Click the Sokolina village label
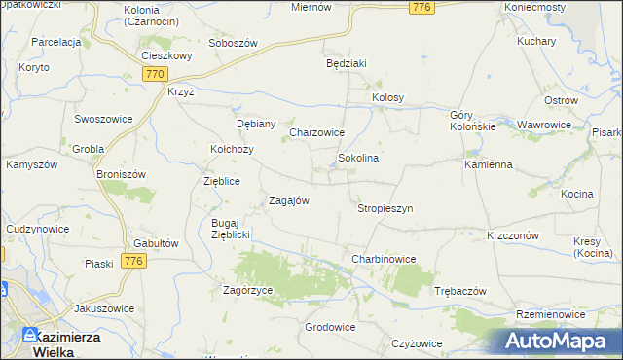(x=357, y=157)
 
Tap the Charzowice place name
(x=317, y=132)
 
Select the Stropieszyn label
(x=385, y=208)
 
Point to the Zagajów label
(x=289, y=201)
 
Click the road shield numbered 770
(x=154, y=74)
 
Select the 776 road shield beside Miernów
(x=421, y=8)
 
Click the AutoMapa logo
(x=558, y=342)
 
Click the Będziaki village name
(x=346, y=63)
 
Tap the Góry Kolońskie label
(x=473, y=121)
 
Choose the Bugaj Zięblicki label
(x=232, y=229)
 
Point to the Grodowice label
(x=330, y=327)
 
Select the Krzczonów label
(x=513, y=235)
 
